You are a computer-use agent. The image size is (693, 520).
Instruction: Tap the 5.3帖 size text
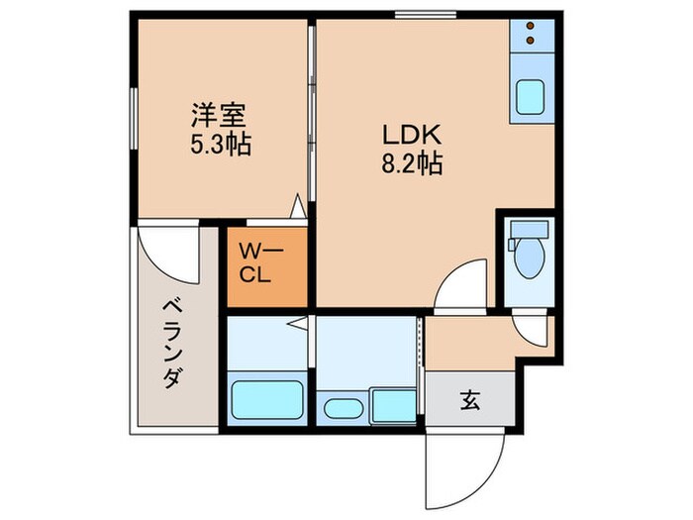point(220,145)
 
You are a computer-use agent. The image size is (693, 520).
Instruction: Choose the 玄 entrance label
point(470,401)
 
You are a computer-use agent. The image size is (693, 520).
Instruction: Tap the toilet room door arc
point(532,328)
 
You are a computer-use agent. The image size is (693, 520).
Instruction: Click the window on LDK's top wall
point(412,15)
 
